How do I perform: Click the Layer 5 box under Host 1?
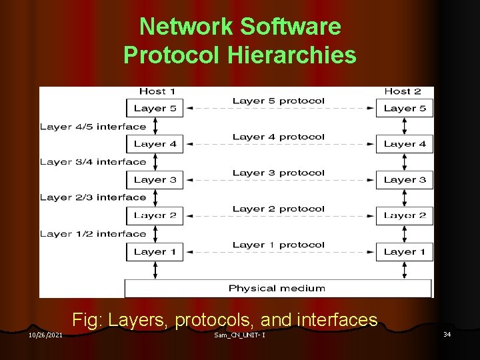(x=154, y=108)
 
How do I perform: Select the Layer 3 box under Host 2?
(x=405, y=179)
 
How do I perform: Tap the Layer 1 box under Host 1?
(x=154, y=251)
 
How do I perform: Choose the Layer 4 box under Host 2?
(x=405, y=143)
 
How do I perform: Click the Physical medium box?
(x=277, y=288)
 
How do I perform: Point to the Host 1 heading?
(x=157, y=91)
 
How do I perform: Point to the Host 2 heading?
(x=403, y=91)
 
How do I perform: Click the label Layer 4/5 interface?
(x=93, y=126)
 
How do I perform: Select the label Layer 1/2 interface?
(x=93, y=233)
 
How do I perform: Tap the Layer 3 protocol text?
(x=279, y=173)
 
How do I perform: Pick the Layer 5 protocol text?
(x=279, y=101)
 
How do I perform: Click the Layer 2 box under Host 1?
(x=154, y=215)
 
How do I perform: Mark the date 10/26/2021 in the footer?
(x=46, y=335)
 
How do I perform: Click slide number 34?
(x=447, y=334)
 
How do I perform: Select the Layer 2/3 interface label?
(x=93, y=197)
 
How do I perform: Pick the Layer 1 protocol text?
(x=279, y=245)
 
